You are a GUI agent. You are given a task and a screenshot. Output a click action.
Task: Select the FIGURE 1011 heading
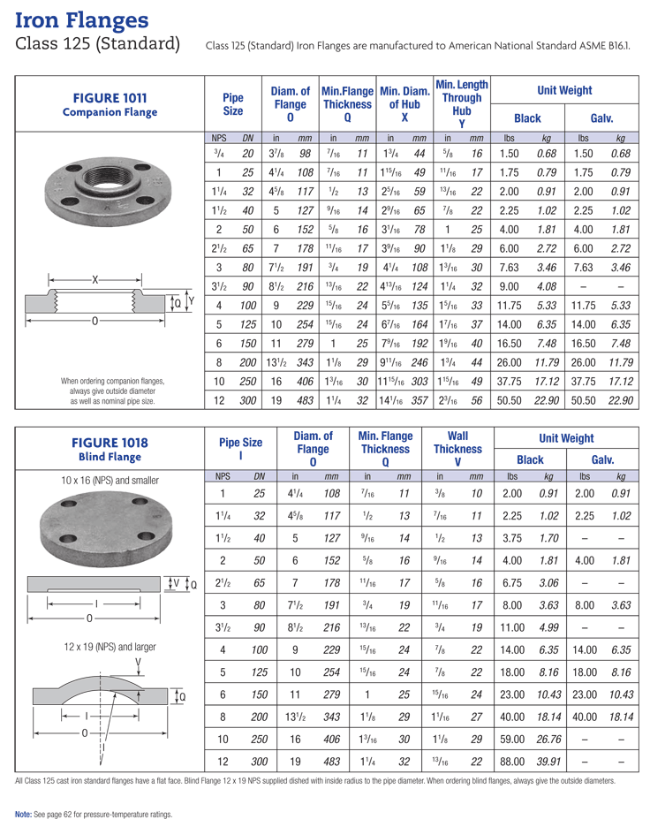click(x=110, y=98)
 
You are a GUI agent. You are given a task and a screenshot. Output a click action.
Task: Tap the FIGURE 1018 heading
click(x=110, y=442)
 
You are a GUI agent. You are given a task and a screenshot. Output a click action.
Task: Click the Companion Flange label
click(x=110, y=112)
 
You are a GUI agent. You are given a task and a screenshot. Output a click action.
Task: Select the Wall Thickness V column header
click(x=457, y=449)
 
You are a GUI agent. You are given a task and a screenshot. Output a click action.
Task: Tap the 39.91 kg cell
click(x=549, y=761)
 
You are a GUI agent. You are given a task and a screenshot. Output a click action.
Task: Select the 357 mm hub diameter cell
click(x=419, y=400)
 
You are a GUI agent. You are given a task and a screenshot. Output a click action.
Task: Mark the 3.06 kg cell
click(x=549, y=584)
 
